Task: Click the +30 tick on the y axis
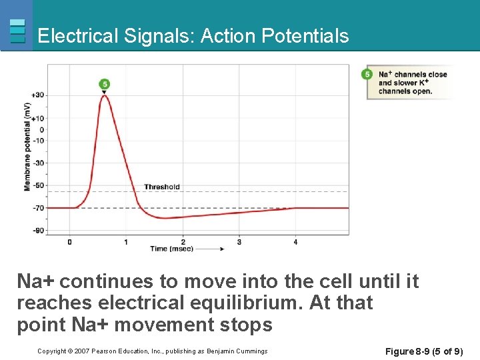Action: click(x=39, y=95)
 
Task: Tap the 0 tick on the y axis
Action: click(x=42, y=130)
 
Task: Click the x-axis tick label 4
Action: click(x=295, y=242)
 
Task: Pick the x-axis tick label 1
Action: click(x=126, y=242)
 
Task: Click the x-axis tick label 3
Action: click(x=239, y=242)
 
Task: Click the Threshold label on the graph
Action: click(x=161, y=187)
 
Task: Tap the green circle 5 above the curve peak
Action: click(x=104, y=84)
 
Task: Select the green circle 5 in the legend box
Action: click(x=367, y=74)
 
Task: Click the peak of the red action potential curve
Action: click(x=105, y=95)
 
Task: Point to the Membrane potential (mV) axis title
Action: click(x=27, y=147)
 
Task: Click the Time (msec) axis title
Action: click(x=171, y=249)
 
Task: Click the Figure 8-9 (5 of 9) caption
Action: click(x=423, y=351)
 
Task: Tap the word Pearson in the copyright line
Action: click(x=105, y=351)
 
